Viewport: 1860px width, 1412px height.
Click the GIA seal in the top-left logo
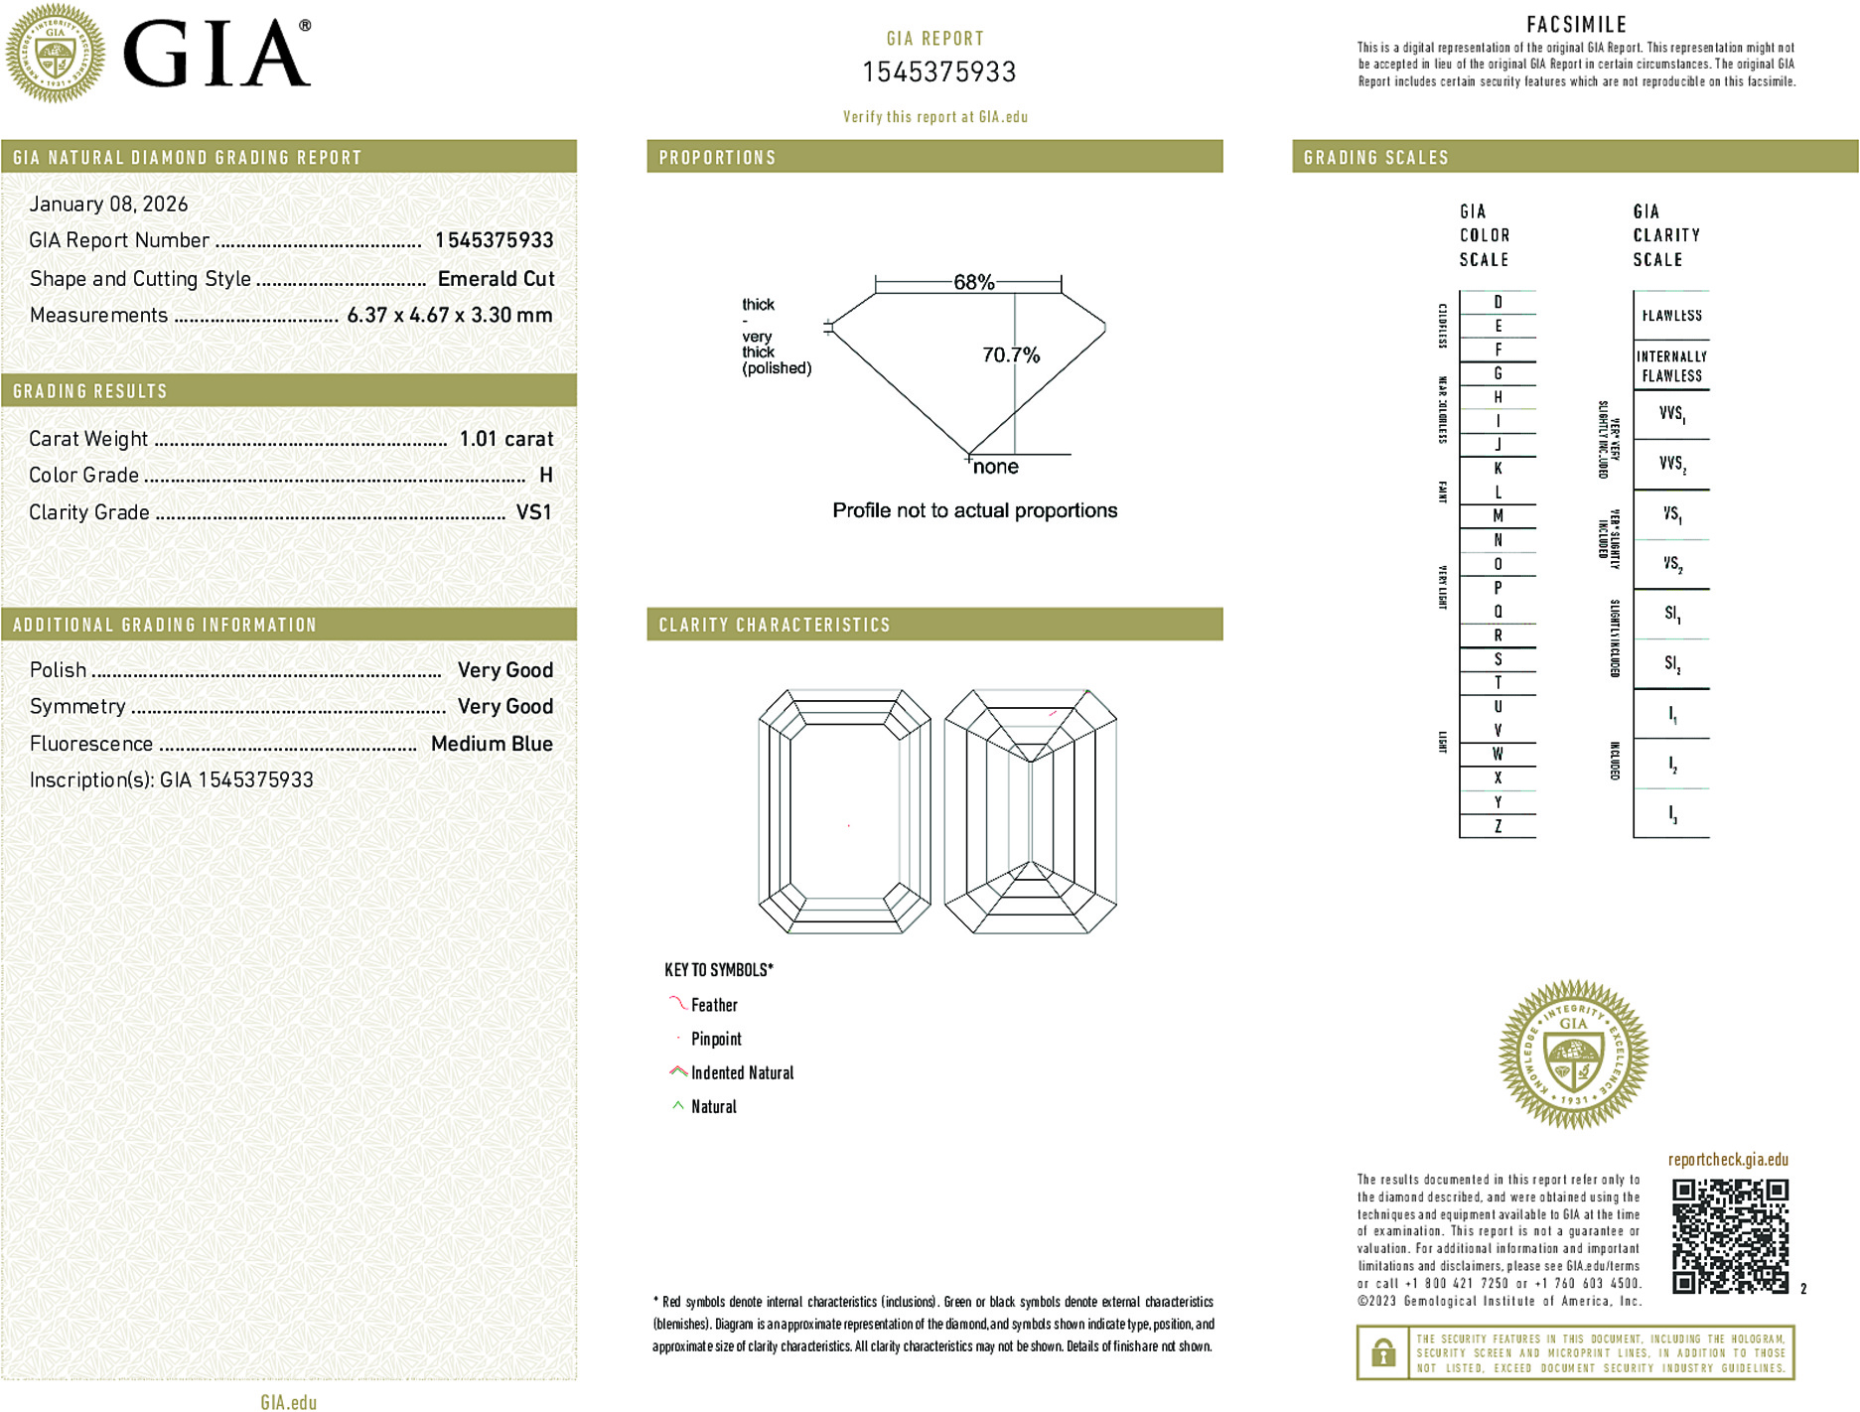click(56, 54)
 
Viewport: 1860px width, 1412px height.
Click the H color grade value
click(545, 476)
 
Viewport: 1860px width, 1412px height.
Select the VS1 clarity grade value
click(533, 512)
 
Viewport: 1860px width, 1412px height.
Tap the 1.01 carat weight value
click(505, 439)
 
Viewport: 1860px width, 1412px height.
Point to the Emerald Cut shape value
click(496, 279)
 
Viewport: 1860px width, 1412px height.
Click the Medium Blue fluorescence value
click(492, 744)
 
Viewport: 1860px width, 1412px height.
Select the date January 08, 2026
click(108, 205)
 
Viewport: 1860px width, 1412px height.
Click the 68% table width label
click(973, 282)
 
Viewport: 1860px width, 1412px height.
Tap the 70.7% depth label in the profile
click(1010, 355)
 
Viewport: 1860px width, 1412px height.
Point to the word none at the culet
click(995, 468)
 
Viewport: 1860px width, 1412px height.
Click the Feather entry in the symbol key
click(714, 1005)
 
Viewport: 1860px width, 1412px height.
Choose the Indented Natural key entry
click(742, 1072)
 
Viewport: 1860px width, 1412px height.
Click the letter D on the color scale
click(1498, 302)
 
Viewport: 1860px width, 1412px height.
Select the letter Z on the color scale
click(1498, 826)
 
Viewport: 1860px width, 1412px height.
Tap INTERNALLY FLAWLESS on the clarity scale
click(1671, 365)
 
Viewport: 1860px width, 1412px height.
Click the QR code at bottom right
click(1730, 1235)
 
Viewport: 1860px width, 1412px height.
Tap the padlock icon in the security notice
click(1382, 1352)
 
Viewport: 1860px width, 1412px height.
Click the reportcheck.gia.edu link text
click(1728, 1160)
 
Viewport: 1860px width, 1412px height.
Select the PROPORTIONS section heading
click(717, 158)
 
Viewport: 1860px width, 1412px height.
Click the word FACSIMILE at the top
click(1576, 25)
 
